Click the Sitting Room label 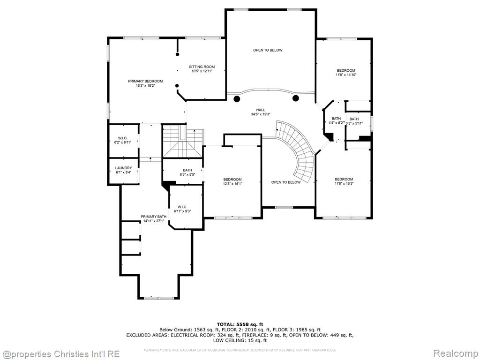coord(202,67)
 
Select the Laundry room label coord(124,168)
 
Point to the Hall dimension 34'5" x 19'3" coord(261,114)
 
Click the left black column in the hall coord(237,99)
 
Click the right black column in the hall coord(296,98)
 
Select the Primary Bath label coord(154,217)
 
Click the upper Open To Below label coord(268,50)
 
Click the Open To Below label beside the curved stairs coord(286,182)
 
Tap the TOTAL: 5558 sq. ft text coord(240,324)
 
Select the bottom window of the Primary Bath coord(159,298)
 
